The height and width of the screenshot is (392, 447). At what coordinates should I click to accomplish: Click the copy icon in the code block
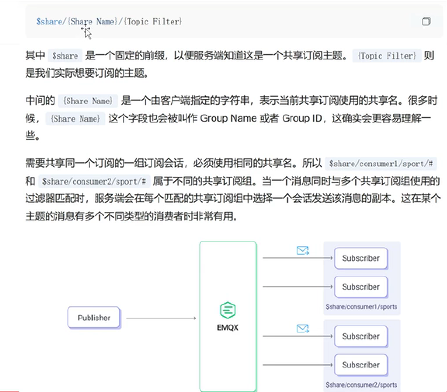tap(426, 21)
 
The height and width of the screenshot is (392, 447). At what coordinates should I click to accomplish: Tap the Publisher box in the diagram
tap(94, 318)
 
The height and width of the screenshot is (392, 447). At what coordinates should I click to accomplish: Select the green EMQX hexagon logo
tap(228, 310)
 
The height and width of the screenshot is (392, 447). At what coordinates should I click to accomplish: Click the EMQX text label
tap(228, 327)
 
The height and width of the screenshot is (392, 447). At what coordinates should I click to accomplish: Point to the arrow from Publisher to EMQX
tap(161, 318)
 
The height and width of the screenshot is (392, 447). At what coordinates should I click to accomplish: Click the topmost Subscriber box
tap(361, 258)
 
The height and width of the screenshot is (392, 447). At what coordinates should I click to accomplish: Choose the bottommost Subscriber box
tap(361, 365)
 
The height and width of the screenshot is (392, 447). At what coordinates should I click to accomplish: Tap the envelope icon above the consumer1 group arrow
tap(302, 250)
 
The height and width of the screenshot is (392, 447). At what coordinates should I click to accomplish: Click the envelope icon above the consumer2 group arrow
tap(302, 328)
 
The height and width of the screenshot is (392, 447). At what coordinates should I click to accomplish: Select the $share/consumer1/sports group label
tap(362, 307)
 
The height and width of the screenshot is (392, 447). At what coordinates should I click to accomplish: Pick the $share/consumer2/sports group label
tap(362, 385)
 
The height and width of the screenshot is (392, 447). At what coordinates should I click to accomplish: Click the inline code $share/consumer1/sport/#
tap(381, 164)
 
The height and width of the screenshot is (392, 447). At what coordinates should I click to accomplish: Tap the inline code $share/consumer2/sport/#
tap(94, 181)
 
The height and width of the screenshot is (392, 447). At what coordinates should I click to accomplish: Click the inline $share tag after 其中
tap(65, 56)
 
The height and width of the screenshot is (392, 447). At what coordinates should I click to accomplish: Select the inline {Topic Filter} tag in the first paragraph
tap(386, 56)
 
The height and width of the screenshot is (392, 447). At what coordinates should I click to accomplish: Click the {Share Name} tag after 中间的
tap(88, 101)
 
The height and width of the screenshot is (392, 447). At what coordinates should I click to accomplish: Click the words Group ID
tap(302, 118)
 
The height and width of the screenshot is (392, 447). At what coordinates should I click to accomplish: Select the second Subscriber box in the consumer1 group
tap(361, 287)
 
